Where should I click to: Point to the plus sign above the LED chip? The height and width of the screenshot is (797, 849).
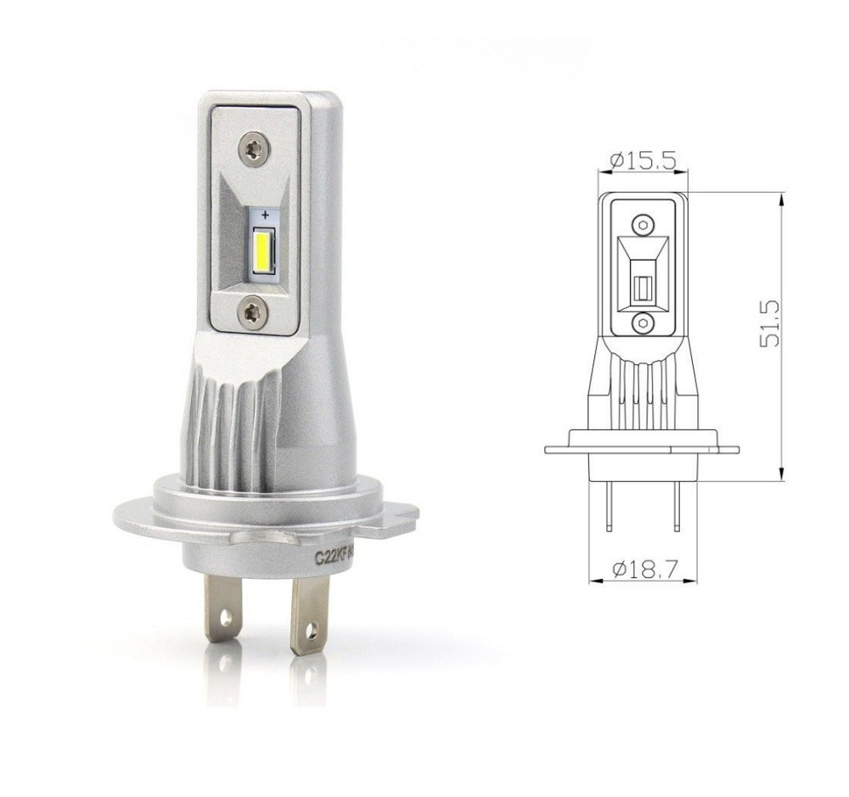pos(266,213)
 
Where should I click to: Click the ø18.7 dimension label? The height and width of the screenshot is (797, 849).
pos(644,568)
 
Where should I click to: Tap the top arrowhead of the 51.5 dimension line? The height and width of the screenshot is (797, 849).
pos(779,197)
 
